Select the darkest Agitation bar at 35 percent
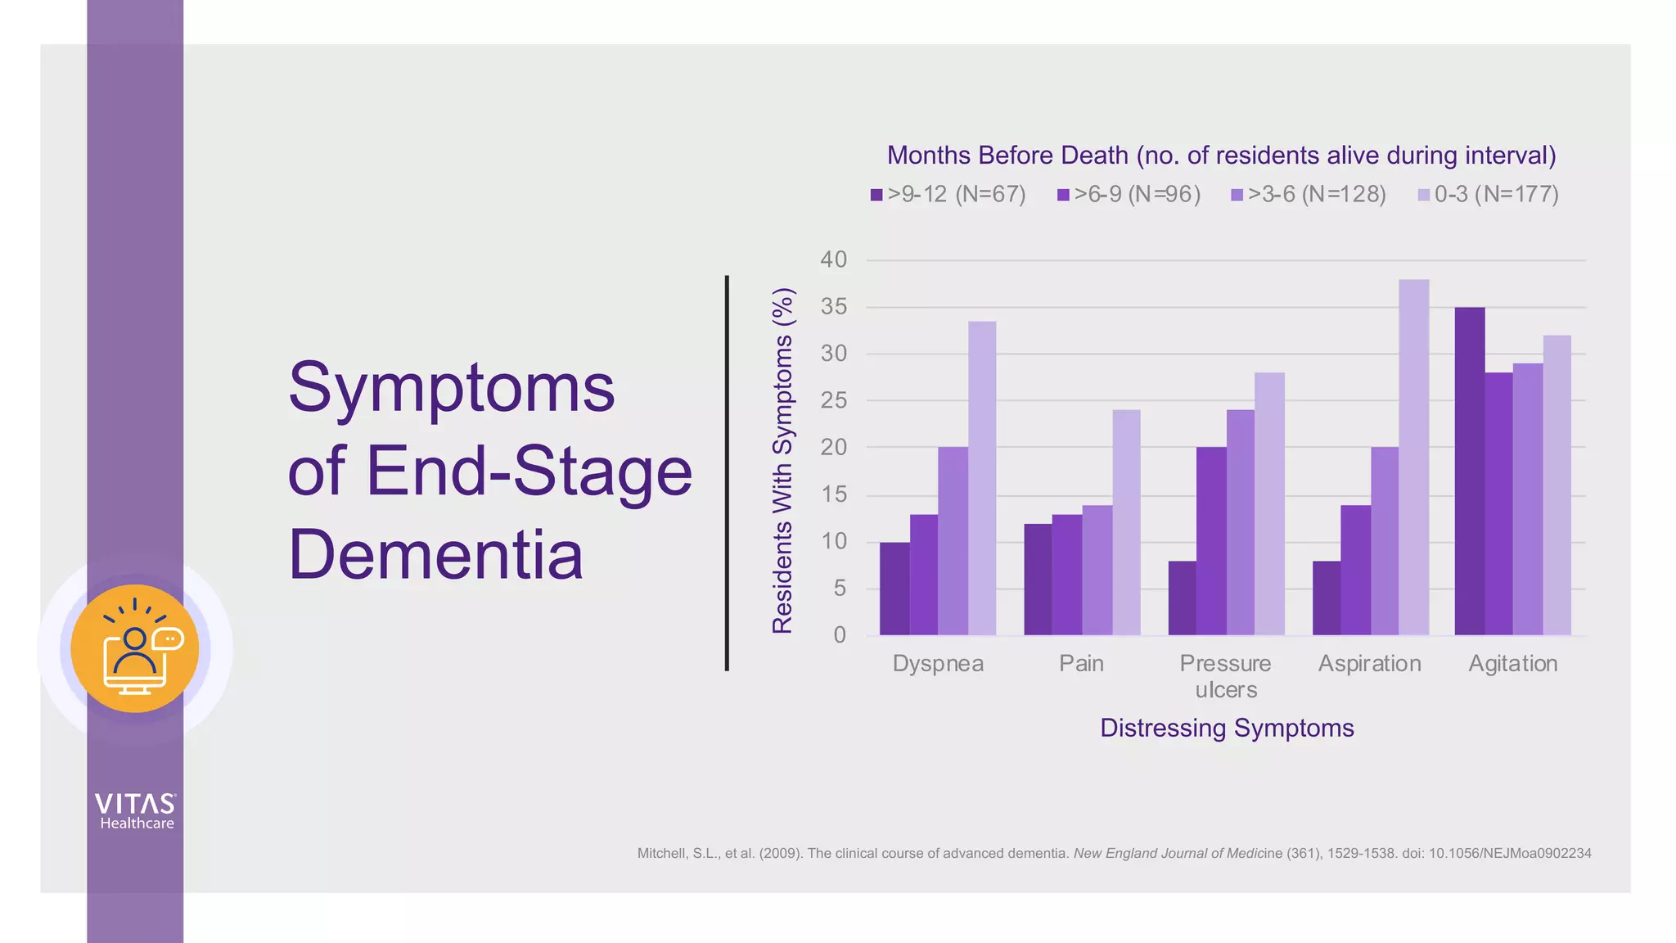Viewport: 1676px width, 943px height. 1469,471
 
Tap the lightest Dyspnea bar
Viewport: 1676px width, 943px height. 982,478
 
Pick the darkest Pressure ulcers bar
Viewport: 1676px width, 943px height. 1182,598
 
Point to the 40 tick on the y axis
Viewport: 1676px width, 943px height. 833,260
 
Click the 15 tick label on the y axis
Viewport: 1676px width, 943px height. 833,494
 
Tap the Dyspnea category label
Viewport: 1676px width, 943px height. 938,663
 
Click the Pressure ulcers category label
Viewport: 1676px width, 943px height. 1225,676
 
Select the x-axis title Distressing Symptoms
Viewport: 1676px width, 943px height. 1226,728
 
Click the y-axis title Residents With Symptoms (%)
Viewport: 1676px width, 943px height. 782,460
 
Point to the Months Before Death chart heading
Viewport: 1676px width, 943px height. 1221,156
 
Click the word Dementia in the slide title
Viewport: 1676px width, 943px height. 435,555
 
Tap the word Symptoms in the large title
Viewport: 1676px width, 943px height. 451,388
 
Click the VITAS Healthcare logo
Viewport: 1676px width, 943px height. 135,811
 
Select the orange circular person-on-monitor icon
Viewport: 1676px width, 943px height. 135,649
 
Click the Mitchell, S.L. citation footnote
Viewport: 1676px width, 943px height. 1114,853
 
